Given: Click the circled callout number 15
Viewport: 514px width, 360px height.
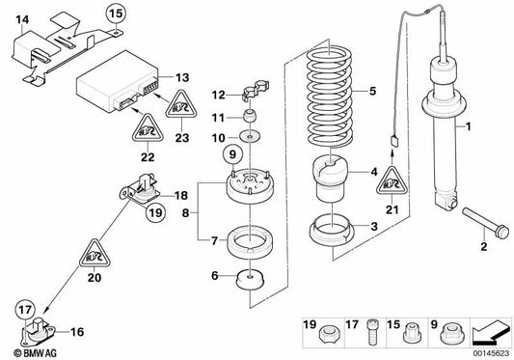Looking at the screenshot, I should click(x=116, y=14).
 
